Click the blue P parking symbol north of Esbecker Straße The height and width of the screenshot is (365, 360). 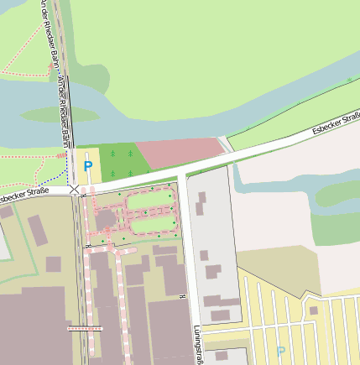(88, 167)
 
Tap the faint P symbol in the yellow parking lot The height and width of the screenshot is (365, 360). (281, 352)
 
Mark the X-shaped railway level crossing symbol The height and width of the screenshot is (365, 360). (75, 190)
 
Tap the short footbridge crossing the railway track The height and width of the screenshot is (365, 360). (85, 328)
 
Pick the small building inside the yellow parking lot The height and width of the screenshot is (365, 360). (313, 310)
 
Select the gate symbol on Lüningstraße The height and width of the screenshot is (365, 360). (182, 295)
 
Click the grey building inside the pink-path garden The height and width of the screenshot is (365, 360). (107, 220)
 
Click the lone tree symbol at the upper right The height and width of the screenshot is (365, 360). (350, 81)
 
